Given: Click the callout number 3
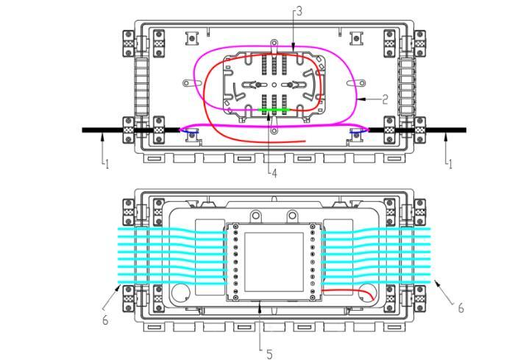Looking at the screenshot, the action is click(299, 12).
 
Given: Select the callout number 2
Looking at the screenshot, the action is click(385, 99).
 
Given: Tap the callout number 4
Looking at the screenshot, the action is click(274, 173).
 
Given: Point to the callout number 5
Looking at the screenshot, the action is click(269, 354).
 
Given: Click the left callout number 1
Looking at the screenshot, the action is click(107, 164).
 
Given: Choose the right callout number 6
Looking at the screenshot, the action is click(461, 308).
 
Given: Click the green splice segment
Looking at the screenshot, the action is click(274, 110).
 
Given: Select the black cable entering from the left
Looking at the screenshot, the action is click(131, 130).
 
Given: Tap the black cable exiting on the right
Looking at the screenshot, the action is click(417, 130).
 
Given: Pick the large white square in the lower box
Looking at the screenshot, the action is click(274, 262).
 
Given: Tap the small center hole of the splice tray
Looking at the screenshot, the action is click(274, 85).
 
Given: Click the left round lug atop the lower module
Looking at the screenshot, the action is click(256, 214).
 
